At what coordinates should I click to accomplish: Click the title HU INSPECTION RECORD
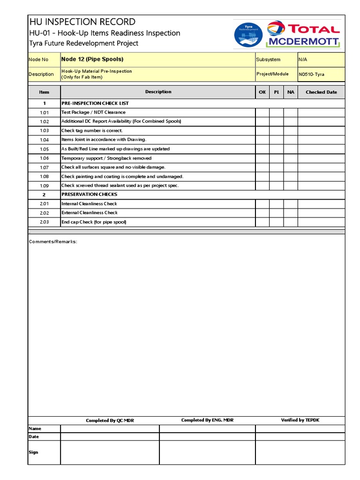click(82, 22)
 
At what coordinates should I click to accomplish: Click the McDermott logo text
click(303, 42)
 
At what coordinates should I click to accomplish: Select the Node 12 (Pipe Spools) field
click(92, 60)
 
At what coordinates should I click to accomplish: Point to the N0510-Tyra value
click(311, 74)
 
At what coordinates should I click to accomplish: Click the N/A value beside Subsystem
click(303, 60)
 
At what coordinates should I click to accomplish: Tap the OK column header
click(262, 92)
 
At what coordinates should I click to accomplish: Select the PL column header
click(277, 92)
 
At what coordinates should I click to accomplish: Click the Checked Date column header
click(321, 92)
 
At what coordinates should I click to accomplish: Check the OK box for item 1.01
click(262, 112)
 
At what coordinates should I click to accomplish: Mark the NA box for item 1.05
click(291, 149)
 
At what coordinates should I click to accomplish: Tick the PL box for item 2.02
click(277, 213)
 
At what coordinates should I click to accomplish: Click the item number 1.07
click(44, 167)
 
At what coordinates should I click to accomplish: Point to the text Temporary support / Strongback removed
click(106, 158)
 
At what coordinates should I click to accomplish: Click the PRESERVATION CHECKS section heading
click(89, 194)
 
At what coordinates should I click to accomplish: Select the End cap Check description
click(94, 222)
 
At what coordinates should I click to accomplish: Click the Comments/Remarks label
click(53, 241)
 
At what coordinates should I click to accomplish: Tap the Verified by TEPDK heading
click(300, 420)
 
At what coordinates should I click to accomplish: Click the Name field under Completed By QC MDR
click(110, 428)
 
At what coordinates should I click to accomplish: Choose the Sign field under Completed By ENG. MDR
click(207, 452)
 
